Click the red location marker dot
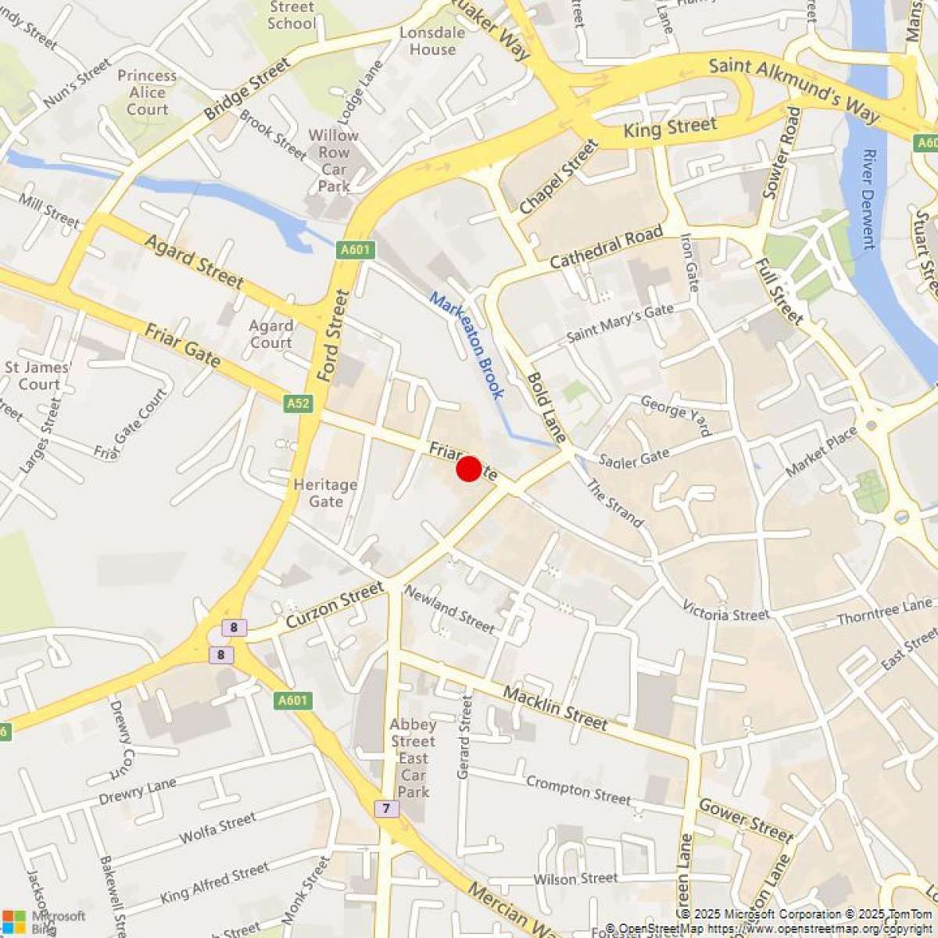468,469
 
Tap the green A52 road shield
298,403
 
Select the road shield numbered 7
386,807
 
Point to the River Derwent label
867,199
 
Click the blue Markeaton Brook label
467,345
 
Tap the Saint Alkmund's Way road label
793,88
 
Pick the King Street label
669,128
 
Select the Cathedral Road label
606,247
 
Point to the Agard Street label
194,261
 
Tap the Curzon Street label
335,604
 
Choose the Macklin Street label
555,707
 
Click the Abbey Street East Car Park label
413,758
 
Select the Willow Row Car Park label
334,160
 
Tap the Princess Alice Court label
147,92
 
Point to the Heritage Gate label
325,492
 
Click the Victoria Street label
725,611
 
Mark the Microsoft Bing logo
44,921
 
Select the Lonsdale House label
432,41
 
